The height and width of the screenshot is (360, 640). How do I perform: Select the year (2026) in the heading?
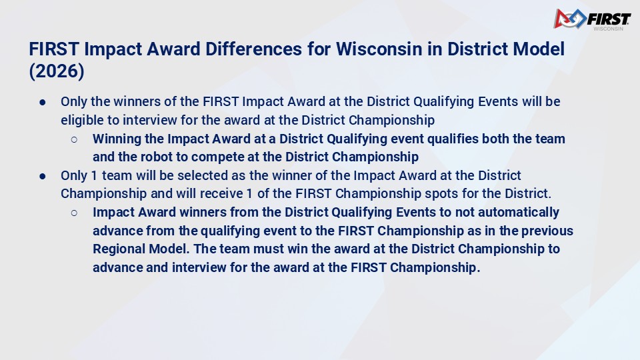(57, 71)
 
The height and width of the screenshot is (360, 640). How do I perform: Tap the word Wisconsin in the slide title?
(379, 49)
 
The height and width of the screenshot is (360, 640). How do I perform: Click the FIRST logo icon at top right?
(570, 19)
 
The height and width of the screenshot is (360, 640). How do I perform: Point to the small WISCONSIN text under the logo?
(608, 29)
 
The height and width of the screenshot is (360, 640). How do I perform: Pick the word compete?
(218, 157)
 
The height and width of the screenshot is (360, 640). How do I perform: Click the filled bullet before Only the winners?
(43, 102)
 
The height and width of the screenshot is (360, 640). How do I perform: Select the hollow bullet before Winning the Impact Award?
(74, 139)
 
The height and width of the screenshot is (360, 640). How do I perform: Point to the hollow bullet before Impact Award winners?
(74, 213)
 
